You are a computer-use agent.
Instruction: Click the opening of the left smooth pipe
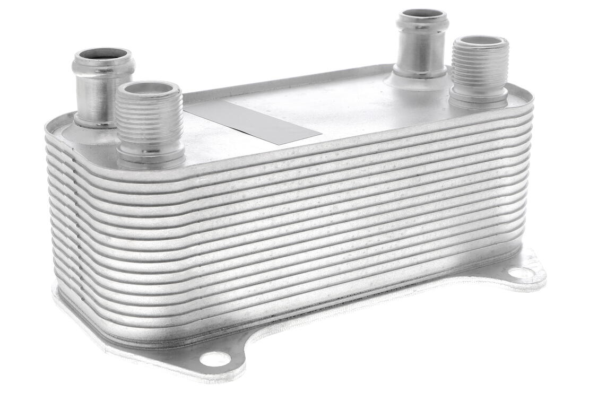[x=102, y=54]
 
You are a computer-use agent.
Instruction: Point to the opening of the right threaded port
[x=480, y=41]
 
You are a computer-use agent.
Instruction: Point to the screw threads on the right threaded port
[x=479, y=69]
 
